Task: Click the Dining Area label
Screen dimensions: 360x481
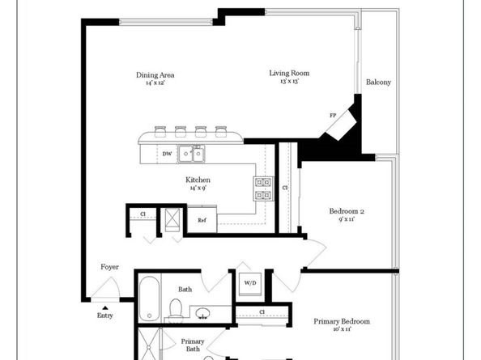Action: point(155,75)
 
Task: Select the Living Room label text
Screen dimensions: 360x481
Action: point(289,74)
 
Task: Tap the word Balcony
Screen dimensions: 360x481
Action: point(379,83)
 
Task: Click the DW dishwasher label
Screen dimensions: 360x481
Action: point(166,154)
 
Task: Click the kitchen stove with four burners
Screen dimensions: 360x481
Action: point(263,188)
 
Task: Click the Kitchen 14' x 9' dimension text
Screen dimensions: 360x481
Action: point(198,188)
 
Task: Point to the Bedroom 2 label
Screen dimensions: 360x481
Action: point(346,212)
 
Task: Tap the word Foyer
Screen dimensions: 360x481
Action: point(109,266)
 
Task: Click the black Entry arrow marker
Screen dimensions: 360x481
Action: point(104,306)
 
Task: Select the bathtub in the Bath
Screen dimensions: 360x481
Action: point(150,298)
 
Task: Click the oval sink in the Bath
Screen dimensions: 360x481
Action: point(203,312)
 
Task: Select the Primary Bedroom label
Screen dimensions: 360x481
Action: point(343,321)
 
